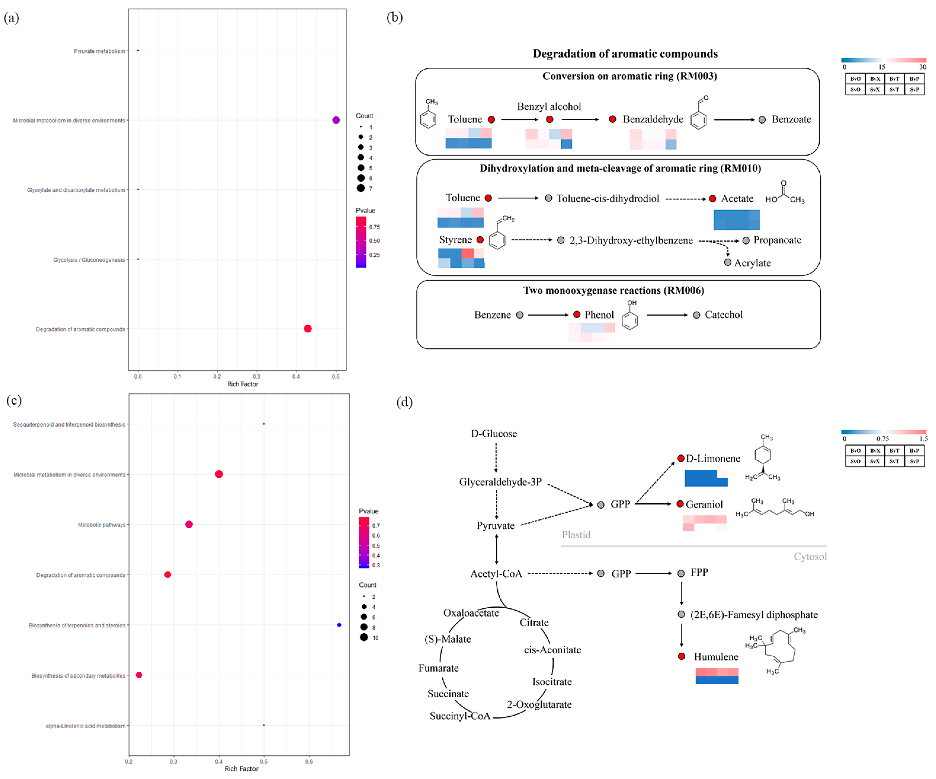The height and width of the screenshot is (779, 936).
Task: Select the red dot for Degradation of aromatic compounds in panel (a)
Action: click(307, 329)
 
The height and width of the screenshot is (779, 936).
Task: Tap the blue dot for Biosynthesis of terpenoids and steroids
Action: click(339, 625)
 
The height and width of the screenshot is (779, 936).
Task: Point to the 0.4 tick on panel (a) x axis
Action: click(296, 377)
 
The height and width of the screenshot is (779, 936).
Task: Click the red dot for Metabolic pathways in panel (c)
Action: click(189, 524)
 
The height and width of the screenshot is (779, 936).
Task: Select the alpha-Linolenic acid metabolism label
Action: click(86, 726)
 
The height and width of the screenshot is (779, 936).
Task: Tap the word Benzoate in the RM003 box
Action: click(791, 119)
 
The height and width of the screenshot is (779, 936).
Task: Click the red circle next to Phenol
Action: click(577, 315)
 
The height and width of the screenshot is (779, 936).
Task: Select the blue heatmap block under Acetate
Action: click(736, 220)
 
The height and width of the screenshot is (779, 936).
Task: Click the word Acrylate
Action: click(752, 263)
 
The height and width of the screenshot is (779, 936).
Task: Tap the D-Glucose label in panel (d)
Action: click(494, 434)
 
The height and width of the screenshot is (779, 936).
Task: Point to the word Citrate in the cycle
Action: click(534, 623)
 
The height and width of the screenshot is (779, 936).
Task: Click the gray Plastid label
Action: click(576, 535)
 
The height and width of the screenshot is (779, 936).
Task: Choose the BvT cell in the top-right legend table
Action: click(894, 79)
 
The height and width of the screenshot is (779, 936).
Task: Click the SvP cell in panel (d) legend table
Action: click(914, 461)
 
